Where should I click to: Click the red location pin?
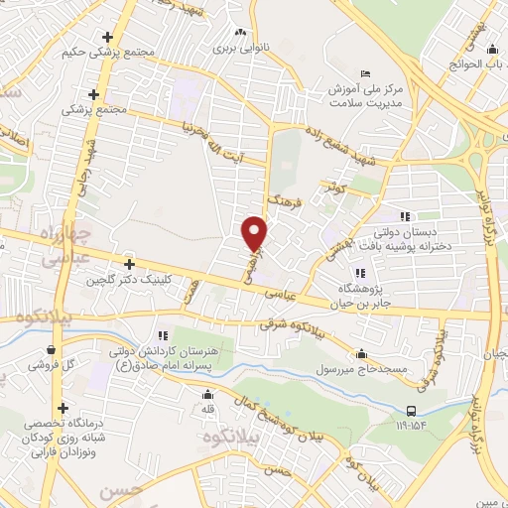click(255, 232)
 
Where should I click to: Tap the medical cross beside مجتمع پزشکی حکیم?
click(107, 39)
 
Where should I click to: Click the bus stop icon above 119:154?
click(411, 411)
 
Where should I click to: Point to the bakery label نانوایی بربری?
click(235, 47)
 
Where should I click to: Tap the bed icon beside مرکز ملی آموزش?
click(366, 74)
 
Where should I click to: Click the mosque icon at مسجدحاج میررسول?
click(361, 353)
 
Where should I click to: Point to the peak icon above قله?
click(207, 395)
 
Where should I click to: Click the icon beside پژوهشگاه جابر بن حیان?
click(357, 274)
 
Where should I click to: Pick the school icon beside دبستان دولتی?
click(405, 216)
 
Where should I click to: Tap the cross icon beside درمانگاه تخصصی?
click(63, 408)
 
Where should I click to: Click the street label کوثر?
click(337, 186)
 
